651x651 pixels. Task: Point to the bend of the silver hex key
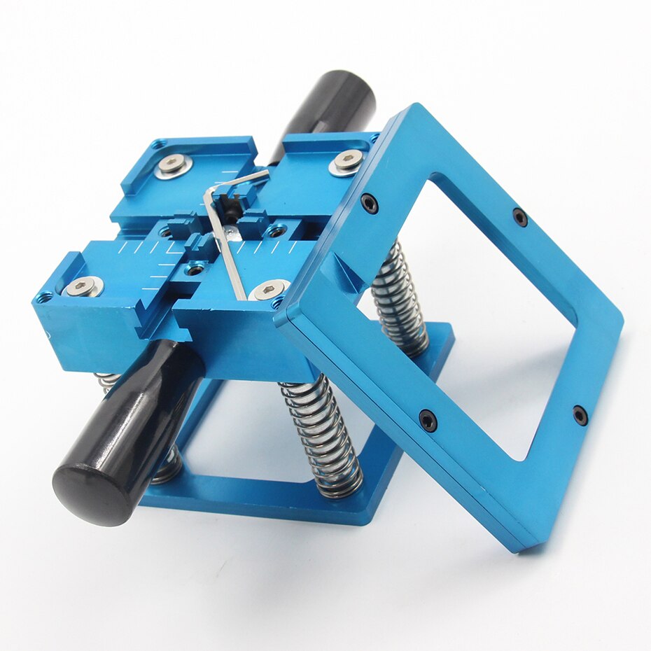tap(209, 192)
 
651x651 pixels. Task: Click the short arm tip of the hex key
tap(266, 173)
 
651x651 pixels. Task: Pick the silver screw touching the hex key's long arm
tap(269, 289)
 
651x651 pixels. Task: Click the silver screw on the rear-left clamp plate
tap(173, 166)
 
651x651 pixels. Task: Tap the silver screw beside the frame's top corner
tap(346, 162)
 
